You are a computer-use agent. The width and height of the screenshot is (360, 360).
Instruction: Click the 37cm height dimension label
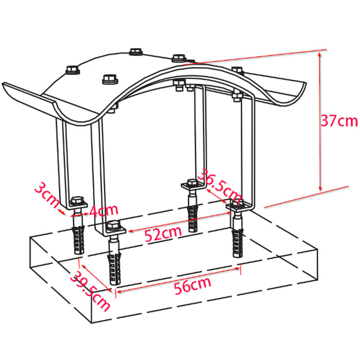(339, 121)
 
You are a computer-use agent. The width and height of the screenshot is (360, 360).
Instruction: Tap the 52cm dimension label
(163, 233)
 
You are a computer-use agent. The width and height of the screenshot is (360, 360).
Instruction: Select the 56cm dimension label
(193, 285)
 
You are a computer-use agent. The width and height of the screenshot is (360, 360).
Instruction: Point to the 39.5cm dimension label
(90, 291)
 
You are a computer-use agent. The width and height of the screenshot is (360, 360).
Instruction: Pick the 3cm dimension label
(47, 195)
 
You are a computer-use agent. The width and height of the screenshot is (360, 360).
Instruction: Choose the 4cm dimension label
(104, 210)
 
